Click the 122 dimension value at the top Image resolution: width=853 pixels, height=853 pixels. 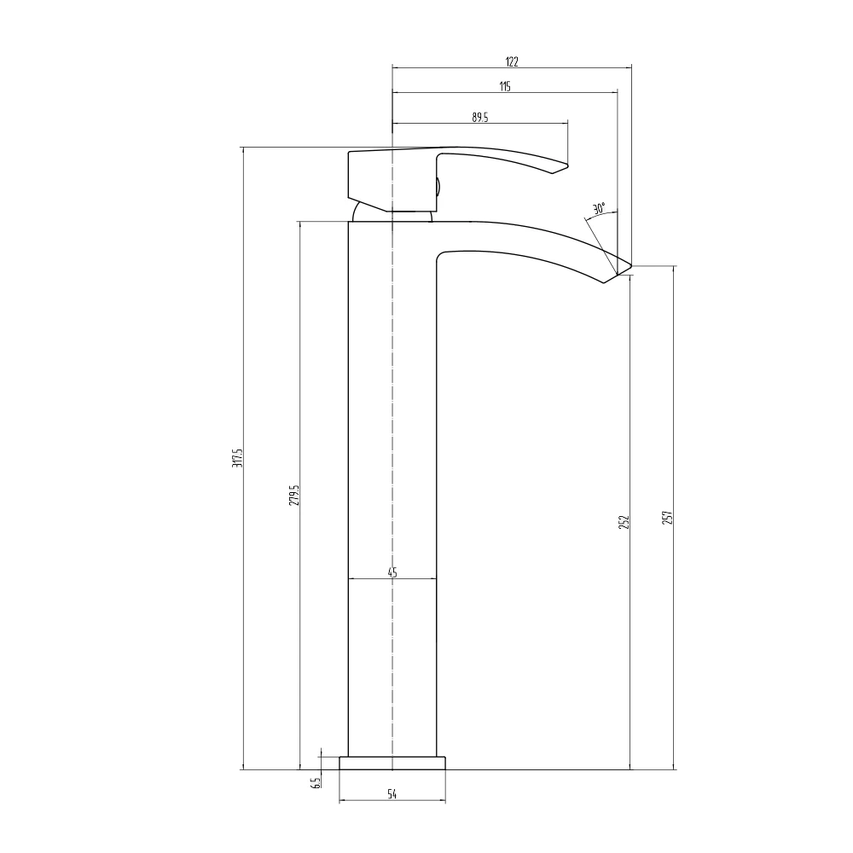(512, 61)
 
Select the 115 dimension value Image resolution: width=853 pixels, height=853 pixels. (505, 86)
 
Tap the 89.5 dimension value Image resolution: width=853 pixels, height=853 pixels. (479, 118)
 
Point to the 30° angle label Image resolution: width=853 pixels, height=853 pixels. (599, 208)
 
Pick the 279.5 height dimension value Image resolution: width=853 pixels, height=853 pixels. (294, 495)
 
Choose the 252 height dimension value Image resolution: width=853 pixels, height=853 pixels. (624, 521)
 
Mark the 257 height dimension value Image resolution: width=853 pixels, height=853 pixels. (668, 517)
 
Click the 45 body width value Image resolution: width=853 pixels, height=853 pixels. (392, 572)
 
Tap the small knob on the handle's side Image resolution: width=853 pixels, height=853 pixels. (438, 187)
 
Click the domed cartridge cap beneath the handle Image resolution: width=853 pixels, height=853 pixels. (392, 214)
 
